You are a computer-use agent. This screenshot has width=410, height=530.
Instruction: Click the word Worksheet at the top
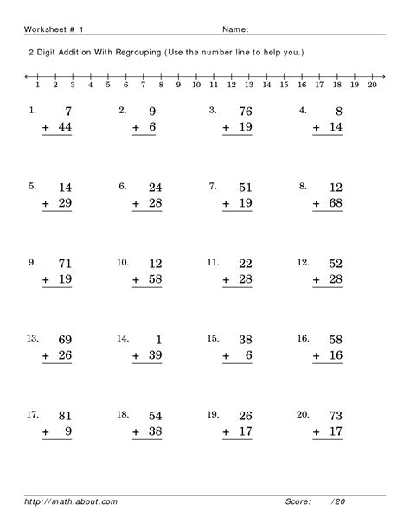43,28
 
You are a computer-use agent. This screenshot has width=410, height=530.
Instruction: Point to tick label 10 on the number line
196,86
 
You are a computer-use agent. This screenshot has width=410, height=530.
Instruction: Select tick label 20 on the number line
372,86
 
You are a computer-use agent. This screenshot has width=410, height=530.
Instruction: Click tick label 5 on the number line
108,86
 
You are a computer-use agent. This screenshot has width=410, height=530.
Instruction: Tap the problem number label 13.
34,338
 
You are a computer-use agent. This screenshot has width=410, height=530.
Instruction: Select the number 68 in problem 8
335,202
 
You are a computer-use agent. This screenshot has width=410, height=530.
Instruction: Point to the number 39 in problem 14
157,356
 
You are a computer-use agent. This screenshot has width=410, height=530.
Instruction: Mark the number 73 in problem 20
335,417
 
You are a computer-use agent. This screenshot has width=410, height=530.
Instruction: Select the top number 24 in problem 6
157,186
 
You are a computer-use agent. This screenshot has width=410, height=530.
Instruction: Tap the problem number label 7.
213,185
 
